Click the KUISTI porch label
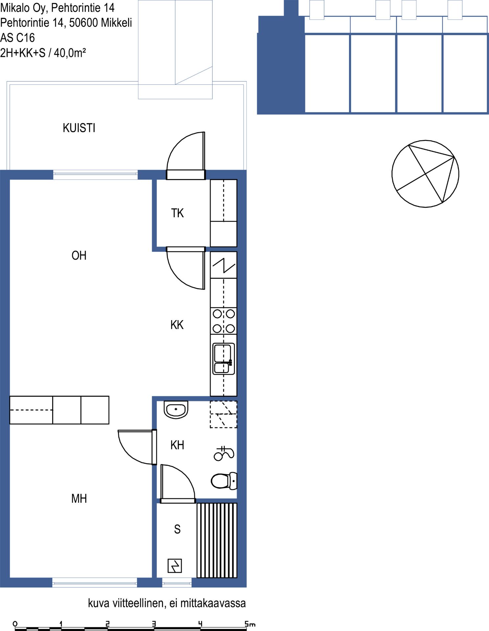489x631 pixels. coord(79,128)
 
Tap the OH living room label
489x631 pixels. coord(79,255)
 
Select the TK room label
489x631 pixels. coord(177,213)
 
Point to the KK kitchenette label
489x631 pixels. coord(177,325)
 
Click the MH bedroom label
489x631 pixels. coord(79,499)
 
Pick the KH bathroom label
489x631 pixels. coord(177,445)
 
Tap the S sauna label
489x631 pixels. coord(177,529)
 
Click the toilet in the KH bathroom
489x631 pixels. coord(224,481)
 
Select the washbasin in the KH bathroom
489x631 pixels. coord(176,409)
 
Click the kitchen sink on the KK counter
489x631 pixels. coord(224,359)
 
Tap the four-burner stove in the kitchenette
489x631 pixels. coord(224,321)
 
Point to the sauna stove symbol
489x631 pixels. coord(175,566)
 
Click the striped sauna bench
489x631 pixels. coord(217,540)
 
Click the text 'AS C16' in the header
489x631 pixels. coord(17,38)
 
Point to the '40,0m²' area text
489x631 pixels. coord(70,53)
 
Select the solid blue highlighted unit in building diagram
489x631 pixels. coord(281,66)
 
